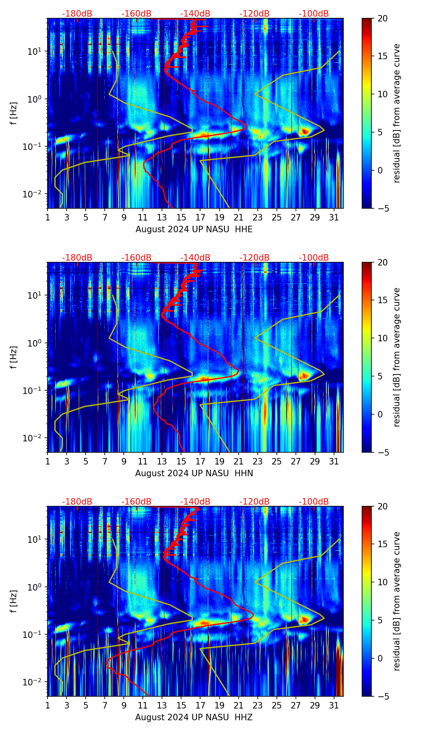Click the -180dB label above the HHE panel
coord(77,14)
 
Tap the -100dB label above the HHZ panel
coord(314,502)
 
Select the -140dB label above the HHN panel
coord(195,258)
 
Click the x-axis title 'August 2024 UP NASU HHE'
coord(194,229)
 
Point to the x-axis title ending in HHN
coord(194,473)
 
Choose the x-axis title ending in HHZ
coord(194,717)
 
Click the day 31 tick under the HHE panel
coord(334,217)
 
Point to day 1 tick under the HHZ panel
coord(47,705)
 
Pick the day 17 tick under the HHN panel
coord(201,461)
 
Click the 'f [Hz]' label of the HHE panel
coord(14,113)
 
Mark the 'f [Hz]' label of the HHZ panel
coord(14,601)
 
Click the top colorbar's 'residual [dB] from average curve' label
coord(397,113)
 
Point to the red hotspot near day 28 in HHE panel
coord(305,131)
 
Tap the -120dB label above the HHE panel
coord(254,14)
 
